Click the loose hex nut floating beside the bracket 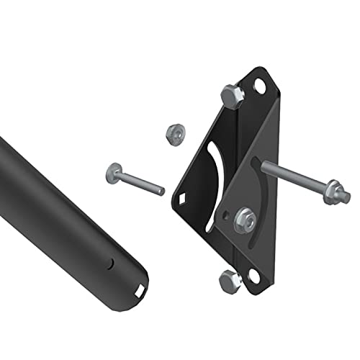173,133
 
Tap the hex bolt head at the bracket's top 233,95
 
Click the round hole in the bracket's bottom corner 253,276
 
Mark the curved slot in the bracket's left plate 211,186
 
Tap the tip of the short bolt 161,192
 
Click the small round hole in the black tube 110,264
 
